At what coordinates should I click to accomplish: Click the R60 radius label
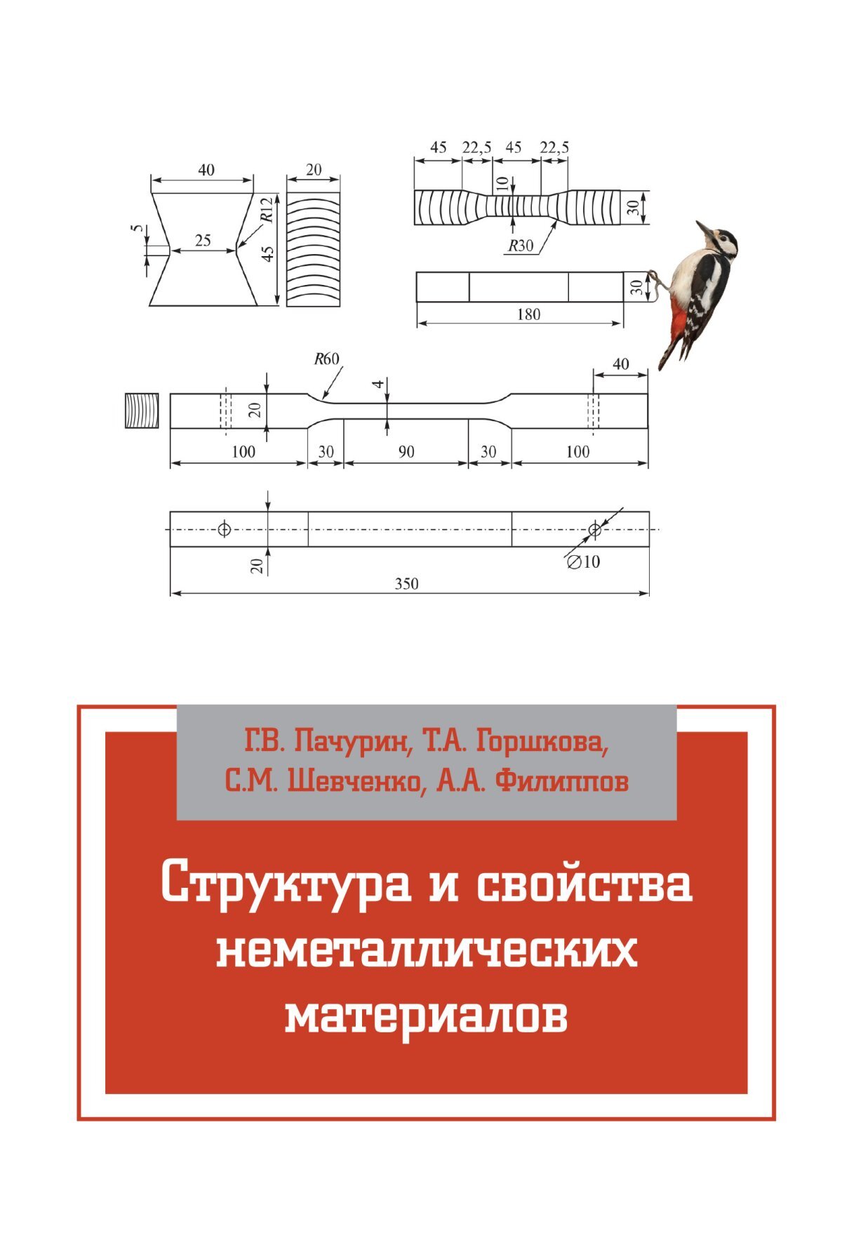326,359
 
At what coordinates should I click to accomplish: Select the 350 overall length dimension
407,584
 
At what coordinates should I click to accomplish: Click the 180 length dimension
528,314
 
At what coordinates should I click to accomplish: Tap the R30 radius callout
521,246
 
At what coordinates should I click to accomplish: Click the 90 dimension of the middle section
406,452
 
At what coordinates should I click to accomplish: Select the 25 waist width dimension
203,241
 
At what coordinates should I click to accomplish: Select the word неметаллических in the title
427,952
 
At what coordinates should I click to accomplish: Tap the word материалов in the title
427,1016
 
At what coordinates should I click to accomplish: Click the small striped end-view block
142,410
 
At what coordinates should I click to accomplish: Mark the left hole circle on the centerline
224,529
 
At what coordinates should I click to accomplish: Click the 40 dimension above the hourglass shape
206,170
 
